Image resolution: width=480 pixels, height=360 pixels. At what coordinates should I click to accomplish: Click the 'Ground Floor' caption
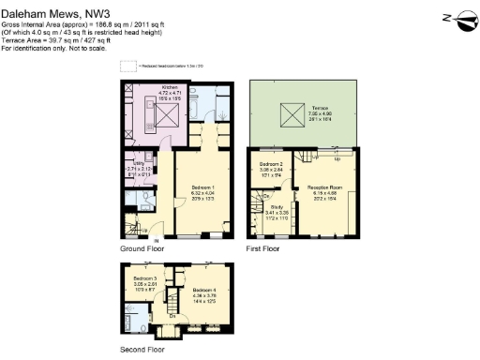142,250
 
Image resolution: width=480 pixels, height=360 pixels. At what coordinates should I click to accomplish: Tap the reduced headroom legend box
127,67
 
